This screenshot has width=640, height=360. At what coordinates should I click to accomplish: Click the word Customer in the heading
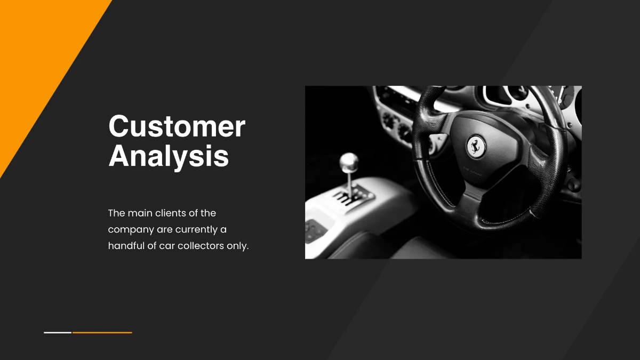coord(177,126)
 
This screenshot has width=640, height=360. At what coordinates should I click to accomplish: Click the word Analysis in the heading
coord(169,156)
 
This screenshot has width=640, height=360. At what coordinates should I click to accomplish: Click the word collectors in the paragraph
coord(201,246)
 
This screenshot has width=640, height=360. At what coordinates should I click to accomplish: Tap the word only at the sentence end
coord(238,246)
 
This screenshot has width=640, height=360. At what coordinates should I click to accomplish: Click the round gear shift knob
coord(349,161)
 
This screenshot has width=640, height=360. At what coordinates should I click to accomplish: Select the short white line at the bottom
coord(58,332)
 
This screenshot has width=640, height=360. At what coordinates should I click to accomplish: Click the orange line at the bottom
coord(102,332)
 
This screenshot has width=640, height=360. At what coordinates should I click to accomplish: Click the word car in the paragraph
coord(167,246)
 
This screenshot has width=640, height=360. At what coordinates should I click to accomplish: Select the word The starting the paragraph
coord(117,213)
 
